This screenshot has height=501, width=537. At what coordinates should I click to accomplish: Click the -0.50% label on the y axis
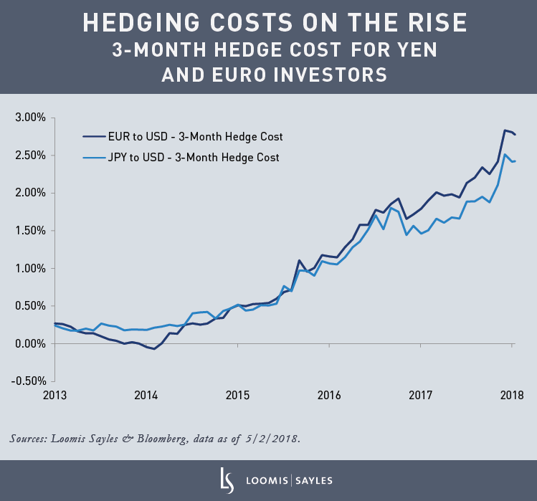27,381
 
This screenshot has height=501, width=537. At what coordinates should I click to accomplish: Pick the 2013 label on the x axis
54,395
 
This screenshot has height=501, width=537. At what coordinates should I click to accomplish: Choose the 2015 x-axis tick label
237,395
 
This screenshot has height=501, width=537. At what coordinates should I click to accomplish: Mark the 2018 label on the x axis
512,395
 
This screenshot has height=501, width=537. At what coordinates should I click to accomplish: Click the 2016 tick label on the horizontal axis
329,395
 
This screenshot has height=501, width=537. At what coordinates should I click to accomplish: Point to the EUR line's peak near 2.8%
505,130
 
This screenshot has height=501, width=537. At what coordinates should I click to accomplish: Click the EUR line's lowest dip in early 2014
154,349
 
